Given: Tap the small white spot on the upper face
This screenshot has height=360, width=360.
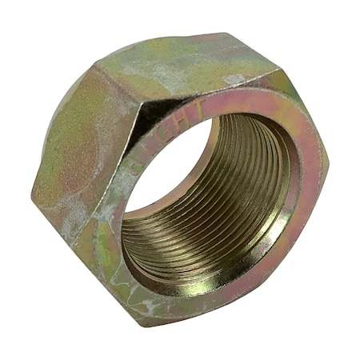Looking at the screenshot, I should pyautogui.click(x=234, y=79).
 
